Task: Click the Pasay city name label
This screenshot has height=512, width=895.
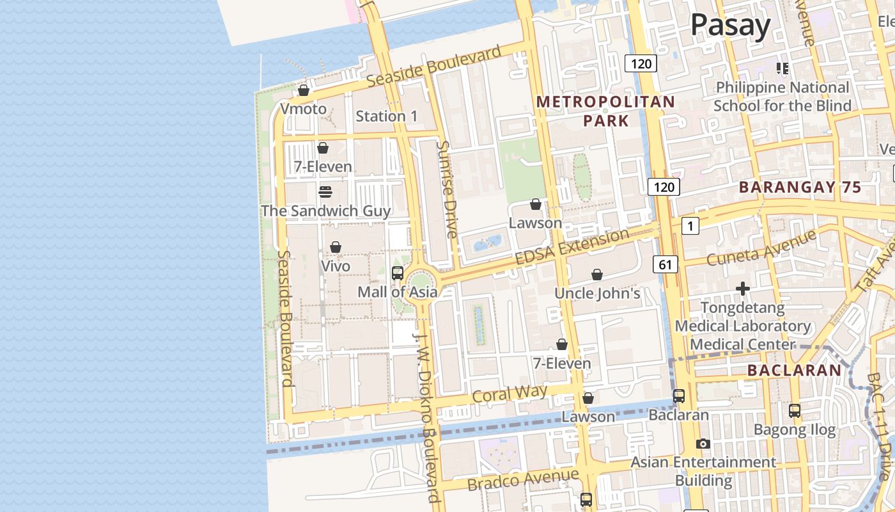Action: tap(730, 26)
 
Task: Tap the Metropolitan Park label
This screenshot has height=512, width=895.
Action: tap(605, 111)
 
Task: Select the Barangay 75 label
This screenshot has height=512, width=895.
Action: tap(800, 188)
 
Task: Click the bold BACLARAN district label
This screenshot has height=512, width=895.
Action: tap(795, 370)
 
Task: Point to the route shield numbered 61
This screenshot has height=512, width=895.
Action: tap(665, 264)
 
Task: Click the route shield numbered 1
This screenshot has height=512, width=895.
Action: tap(690, 225)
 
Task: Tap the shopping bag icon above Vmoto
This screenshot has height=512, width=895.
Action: tap(304, 91)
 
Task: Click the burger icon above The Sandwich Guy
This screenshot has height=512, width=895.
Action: tap(325, 192)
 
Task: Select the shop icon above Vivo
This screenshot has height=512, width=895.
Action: tap(336, 248)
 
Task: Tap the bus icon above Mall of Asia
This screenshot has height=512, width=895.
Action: tap(397, 273)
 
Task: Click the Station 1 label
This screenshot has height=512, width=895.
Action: tap(386, 116)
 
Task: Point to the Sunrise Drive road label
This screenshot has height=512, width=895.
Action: tap(446, 189)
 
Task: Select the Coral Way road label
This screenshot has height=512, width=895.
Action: tap(509, 394)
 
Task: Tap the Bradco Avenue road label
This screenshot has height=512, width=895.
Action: tap(523, 479)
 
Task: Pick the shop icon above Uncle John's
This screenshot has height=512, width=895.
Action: tap(596, 275)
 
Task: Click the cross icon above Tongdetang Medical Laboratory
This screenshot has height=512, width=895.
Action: tap(742, 289)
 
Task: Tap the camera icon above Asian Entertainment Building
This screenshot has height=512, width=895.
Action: tap(703, 444)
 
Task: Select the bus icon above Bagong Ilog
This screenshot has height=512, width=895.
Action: tap(794, 411)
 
